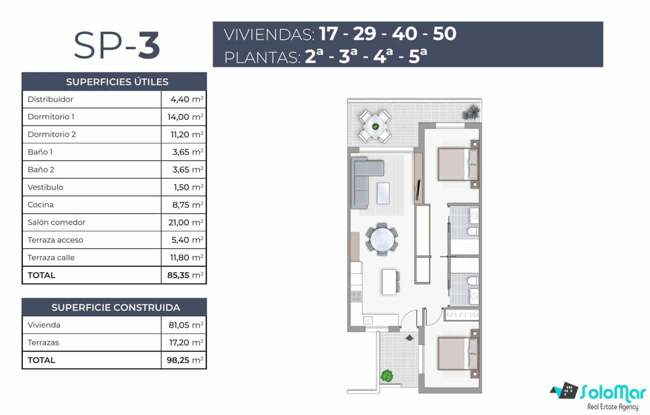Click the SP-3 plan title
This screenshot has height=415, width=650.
117,45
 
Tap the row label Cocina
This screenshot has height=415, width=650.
41,205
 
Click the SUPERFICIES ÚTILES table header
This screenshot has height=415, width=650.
114,82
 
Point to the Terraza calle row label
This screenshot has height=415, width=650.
51,258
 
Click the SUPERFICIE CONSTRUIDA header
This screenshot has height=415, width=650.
114,307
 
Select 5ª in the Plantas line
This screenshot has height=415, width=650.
417,56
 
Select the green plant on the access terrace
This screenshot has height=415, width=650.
386,375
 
